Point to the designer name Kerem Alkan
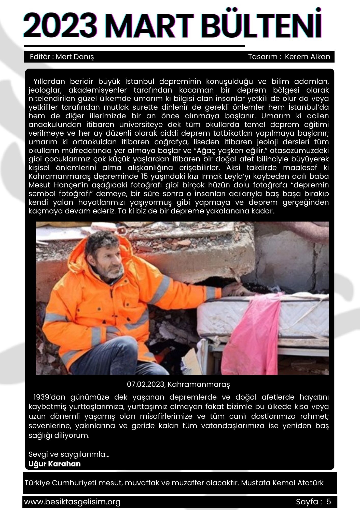coord(307,57)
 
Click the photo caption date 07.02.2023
coord(146,384)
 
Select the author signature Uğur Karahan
coord(54,464)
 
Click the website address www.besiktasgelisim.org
coord(72,502)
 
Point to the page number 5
coord(328,502)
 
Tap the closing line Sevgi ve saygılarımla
coord(69,454)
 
